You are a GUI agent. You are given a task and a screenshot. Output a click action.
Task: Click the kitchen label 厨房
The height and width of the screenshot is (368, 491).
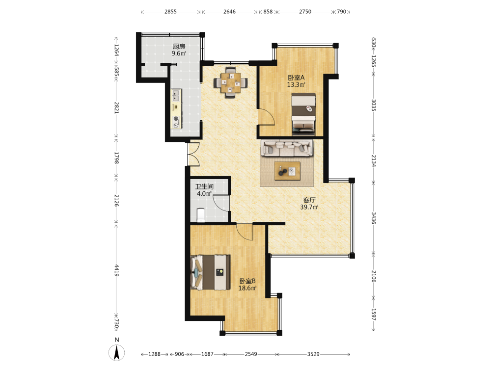[x=179, y=46]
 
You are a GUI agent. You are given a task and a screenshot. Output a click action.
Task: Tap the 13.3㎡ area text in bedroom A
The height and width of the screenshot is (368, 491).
[x=296, y=84]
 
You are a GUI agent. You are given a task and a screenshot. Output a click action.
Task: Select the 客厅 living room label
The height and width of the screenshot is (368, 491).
[x=309, y=200]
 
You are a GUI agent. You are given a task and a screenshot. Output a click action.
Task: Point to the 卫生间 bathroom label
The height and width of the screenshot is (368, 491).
[x=204, y=186]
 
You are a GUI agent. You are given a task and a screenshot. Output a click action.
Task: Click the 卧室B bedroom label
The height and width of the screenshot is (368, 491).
[x=247, y=281]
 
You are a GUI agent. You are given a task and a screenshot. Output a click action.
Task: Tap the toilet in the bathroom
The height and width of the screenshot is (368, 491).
[x=201, y=215]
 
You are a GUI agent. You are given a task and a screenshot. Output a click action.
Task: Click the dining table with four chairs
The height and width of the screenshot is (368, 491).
[x=231, y=82]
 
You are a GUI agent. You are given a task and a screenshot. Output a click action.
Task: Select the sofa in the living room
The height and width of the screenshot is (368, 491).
[x=287, y=148]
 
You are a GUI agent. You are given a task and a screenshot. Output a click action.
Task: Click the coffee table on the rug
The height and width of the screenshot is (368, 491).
[x=287, y=171]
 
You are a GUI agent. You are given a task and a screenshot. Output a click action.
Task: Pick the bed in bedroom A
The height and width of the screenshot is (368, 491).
[x=303, y=114]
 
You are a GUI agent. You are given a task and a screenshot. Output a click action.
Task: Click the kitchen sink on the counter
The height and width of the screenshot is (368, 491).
[x=176, y=96]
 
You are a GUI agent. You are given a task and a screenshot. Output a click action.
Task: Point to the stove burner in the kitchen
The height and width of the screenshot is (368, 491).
[x=176, y=119]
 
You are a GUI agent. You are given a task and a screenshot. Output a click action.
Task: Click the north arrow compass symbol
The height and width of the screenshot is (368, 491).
[x=117, y=352]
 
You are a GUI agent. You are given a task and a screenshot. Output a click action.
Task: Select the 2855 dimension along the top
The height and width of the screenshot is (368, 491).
[x=171, y=12]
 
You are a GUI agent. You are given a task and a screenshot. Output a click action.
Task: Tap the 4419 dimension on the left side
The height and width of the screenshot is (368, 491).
[x=116, y=270]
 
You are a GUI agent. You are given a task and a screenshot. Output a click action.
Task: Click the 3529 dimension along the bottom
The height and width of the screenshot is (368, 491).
[x=313, y=354]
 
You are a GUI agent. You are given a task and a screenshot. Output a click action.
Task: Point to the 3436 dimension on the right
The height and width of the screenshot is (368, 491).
[x=374, y=218]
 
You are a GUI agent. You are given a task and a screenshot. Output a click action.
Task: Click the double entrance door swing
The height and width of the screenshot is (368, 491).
[x=193, y=154]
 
